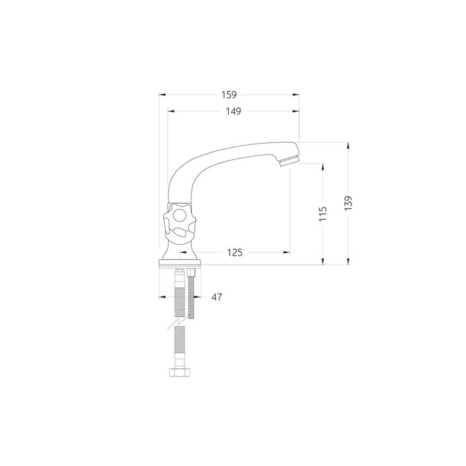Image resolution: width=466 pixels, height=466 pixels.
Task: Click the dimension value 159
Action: coord(229,95)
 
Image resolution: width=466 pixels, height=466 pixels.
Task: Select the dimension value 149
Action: coord(233,111)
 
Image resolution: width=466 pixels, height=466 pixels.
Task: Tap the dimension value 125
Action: coord(235,252)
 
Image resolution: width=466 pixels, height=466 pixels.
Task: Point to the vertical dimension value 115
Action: coord(323,214)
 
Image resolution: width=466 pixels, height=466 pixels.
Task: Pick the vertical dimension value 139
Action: coord(348,203)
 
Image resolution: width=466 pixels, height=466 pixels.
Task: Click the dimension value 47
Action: coord(217,297)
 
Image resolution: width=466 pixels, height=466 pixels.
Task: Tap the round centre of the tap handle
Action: coord(179,215)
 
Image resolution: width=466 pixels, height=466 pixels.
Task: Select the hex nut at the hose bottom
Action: coord(180,372)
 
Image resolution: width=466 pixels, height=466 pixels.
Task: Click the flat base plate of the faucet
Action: coord(180,262)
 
